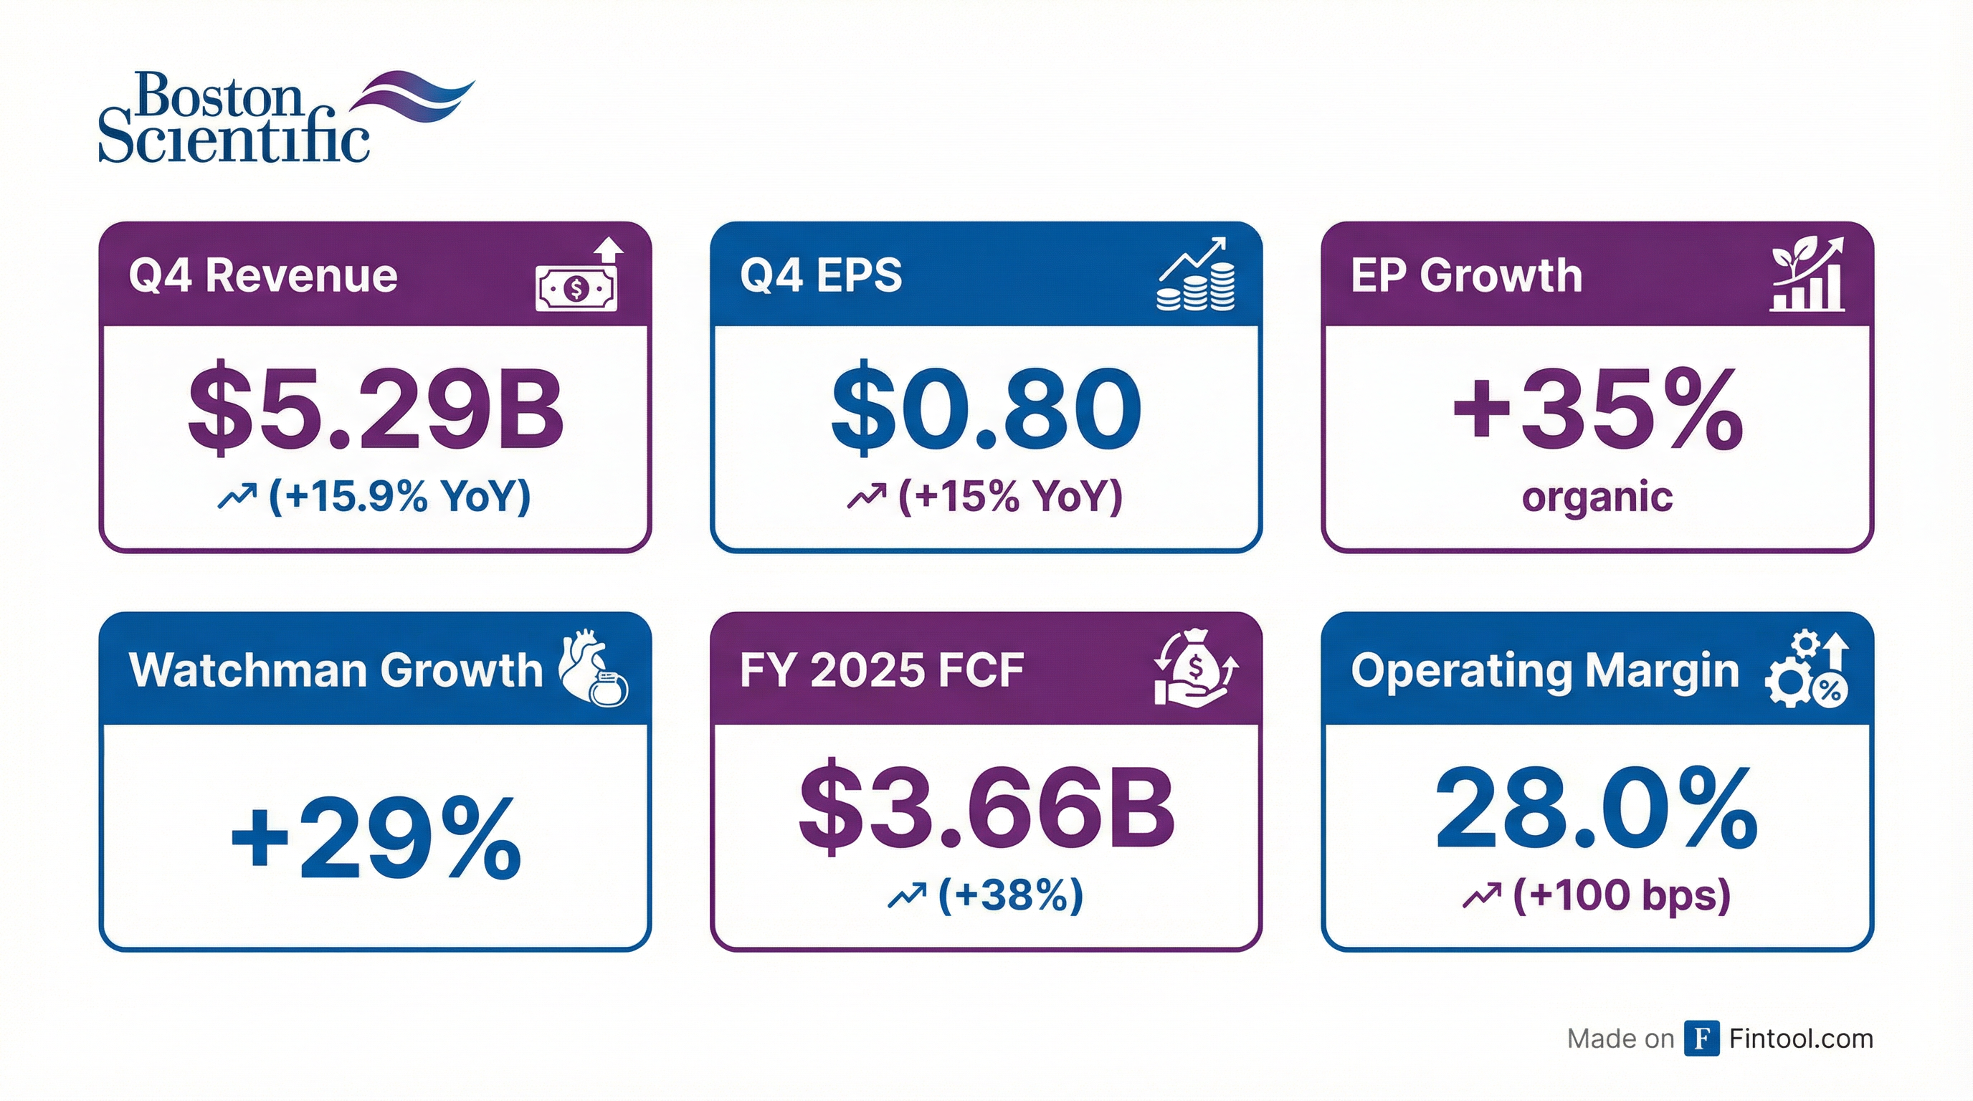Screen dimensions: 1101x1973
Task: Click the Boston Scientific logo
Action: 285,116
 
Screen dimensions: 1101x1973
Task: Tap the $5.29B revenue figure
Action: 375,409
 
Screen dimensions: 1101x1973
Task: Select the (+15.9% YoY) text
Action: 399,496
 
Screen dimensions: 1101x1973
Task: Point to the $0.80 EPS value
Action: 986,409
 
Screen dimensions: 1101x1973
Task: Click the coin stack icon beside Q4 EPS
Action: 1196,276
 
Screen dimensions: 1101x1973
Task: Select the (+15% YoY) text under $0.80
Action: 1009,496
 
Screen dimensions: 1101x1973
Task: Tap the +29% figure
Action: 375,839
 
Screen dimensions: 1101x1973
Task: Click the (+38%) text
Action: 1009,895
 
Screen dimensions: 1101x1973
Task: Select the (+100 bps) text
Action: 1622,895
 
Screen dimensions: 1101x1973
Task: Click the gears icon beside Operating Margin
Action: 1806,671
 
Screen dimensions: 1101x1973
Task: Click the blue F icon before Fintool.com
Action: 1701,1038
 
